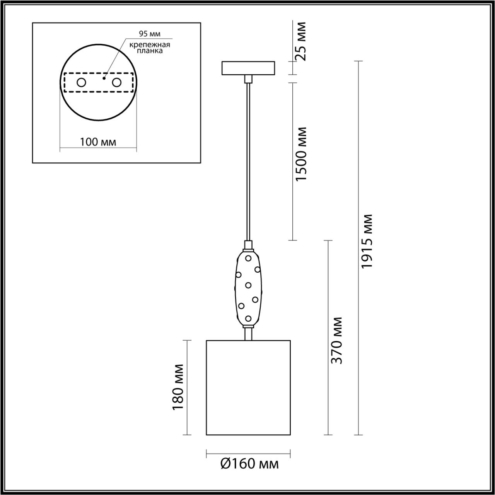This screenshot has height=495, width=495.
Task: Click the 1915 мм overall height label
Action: point(366,241)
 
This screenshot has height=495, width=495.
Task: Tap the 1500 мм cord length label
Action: point(300,154)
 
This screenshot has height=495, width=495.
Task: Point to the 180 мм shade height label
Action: point(178,387)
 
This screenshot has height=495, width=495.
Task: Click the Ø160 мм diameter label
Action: point(249,463)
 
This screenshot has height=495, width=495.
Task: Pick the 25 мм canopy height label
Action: point(300,41)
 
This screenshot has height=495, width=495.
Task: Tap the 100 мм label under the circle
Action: point(98,142)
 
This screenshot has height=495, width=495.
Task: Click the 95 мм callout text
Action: point(150,34)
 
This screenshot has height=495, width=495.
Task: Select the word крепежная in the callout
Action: point(150,44)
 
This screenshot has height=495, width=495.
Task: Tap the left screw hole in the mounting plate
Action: point(81,82)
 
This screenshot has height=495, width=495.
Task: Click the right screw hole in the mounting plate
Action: point(116,82)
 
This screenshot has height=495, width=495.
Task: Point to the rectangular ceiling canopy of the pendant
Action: point(248,68)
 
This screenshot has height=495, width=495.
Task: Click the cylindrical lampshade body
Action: point(248,387)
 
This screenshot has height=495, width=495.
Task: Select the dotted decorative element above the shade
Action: point(248,288)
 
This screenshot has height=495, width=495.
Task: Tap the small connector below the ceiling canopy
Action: point(248,79)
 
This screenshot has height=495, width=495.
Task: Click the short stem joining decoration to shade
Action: point(248,333)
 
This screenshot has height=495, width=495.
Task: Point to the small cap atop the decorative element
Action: point(248,246)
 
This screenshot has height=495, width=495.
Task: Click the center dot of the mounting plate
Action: point(104,78)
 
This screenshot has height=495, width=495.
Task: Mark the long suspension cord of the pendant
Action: point(248,162)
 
